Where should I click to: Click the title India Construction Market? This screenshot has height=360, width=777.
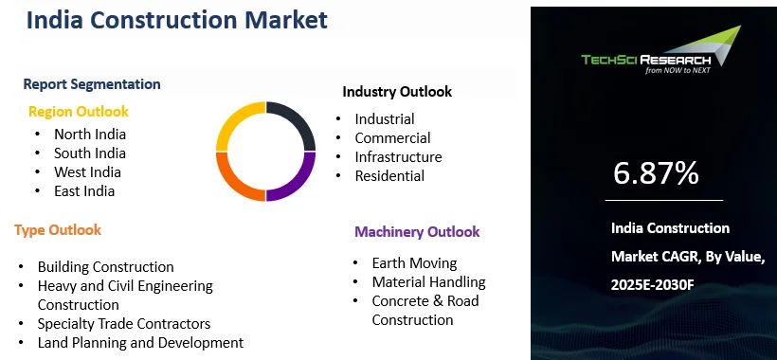176,20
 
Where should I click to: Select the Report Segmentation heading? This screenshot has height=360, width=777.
92,84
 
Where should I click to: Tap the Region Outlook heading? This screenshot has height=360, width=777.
79,112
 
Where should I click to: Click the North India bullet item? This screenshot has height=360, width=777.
90,135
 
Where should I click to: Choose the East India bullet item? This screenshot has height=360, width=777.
84,191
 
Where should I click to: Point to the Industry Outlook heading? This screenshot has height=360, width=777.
397,92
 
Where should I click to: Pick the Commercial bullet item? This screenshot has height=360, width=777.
392,138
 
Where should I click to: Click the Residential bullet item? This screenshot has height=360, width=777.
389,176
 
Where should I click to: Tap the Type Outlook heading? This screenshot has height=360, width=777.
58,230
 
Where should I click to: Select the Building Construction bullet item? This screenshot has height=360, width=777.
106,267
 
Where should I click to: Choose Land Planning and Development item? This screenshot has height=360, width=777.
140,343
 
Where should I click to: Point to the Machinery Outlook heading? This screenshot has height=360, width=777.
417,232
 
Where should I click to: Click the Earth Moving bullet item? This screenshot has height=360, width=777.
414,263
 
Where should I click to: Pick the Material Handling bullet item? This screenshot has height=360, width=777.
428,282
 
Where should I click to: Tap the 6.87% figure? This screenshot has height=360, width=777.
656,173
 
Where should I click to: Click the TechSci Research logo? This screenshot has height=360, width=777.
660,54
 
